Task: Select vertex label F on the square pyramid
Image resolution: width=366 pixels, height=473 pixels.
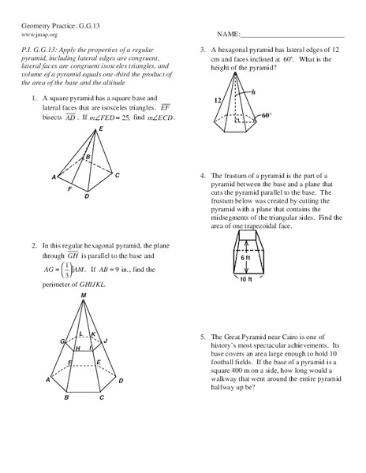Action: tap(70, 190)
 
